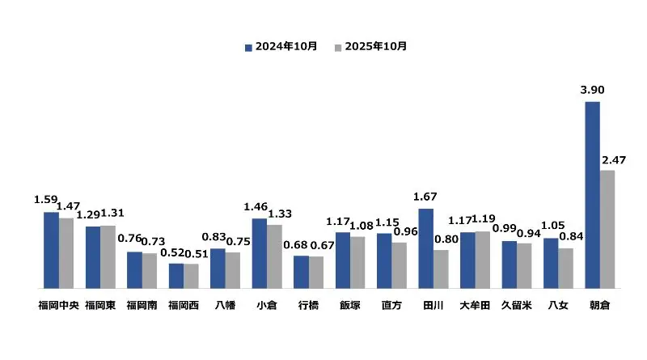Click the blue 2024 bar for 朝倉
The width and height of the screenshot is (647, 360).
point(592,194)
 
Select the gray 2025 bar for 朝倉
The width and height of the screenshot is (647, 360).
point(607,229)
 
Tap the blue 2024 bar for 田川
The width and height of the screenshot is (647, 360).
point(425,248)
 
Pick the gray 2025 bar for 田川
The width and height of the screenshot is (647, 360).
point(441,269)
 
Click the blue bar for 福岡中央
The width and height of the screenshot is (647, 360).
point(51,250)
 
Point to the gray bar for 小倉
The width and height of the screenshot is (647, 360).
point(275,256)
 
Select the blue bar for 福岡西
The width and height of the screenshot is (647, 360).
point(175,275)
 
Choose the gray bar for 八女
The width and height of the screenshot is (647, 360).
point(565,268)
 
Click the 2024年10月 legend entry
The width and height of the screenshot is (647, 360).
point(281,47)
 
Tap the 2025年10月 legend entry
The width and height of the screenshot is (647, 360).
point(371,47)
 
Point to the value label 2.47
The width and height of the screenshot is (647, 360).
point(614,159)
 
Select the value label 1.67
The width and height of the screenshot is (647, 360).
point(425,197)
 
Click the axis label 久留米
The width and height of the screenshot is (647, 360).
point(516,305)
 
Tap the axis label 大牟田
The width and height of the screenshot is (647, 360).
point(475,305)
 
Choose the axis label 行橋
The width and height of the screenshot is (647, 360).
point(308,305)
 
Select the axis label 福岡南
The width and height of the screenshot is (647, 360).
point(142,305)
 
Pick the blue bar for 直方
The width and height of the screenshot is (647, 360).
point(384,260)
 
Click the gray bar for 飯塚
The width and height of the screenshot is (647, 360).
point(357,262)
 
